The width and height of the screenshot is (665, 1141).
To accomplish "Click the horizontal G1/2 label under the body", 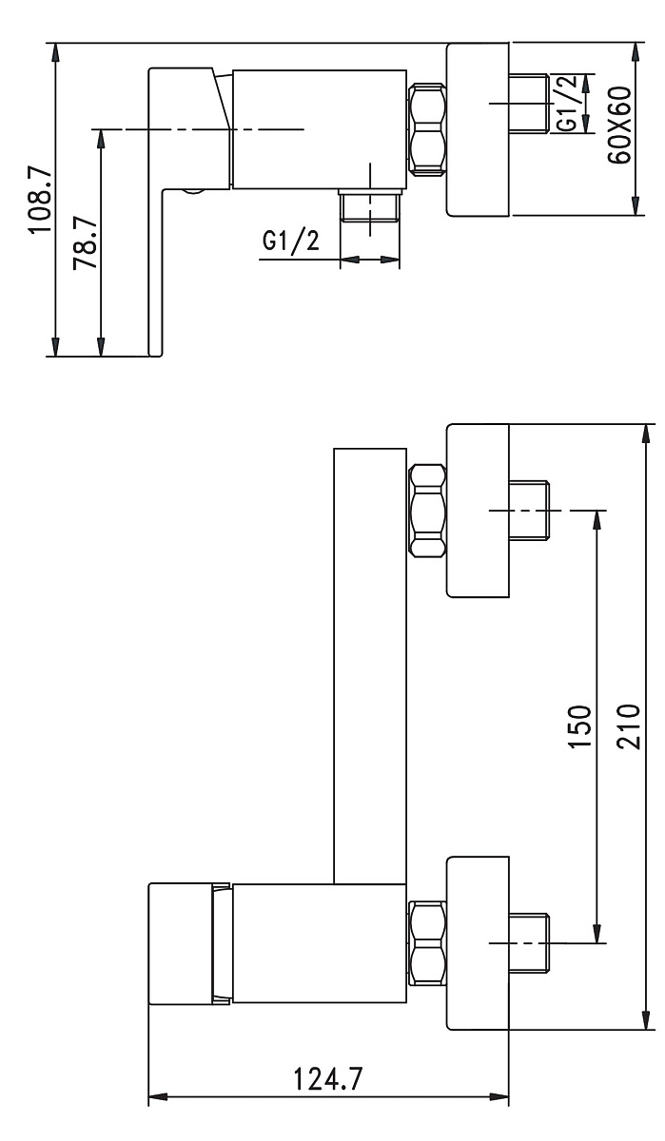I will [291, 242].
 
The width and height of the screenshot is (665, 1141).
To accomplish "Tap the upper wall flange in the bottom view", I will [479, 511].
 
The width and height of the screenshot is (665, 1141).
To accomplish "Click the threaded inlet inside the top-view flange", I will [531, 103].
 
